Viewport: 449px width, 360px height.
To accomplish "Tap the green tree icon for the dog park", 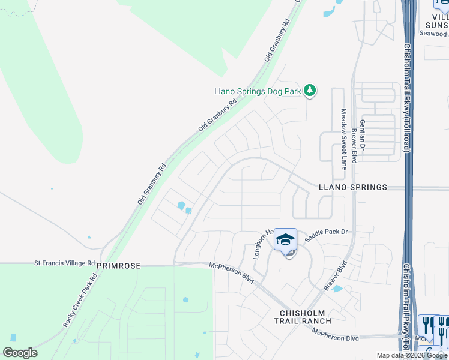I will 310,91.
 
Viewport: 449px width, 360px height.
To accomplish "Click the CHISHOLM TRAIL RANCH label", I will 306,317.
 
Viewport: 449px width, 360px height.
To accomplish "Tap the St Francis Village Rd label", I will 64,263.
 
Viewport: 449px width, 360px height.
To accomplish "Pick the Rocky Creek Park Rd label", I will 80,302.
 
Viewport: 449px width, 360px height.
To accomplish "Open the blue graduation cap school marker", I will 285,241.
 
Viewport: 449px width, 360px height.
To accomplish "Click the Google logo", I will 20,353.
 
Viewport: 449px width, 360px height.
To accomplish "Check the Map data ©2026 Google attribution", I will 412,355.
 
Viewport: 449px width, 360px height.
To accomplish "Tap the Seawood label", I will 433,34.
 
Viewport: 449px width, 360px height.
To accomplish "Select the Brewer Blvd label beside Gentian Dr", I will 354,145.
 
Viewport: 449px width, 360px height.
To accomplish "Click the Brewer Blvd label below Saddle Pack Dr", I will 336,276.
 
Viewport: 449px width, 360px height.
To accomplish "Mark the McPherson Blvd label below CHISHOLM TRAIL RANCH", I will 332,338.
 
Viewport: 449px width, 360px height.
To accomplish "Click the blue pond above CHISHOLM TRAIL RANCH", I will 337,289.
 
